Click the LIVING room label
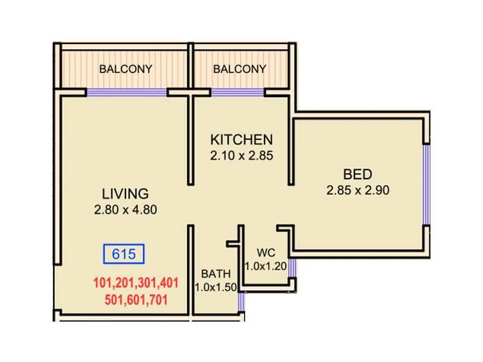pos(125,194)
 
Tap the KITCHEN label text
pos(241,139)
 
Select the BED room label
pos(357,174)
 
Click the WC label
pos(266,252)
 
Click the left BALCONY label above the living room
pos(126,69)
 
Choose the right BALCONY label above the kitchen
pos(239,69)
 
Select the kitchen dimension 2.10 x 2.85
pos(241,155)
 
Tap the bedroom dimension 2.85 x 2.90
pos(357,190)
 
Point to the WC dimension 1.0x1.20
pos(266,265)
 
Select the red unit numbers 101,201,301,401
pos(135,282)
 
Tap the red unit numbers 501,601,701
pos(135,299)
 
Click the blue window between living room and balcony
pos(127,93)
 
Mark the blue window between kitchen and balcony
pos(237,93)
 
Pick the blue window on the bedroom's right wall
pos(426,184)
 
